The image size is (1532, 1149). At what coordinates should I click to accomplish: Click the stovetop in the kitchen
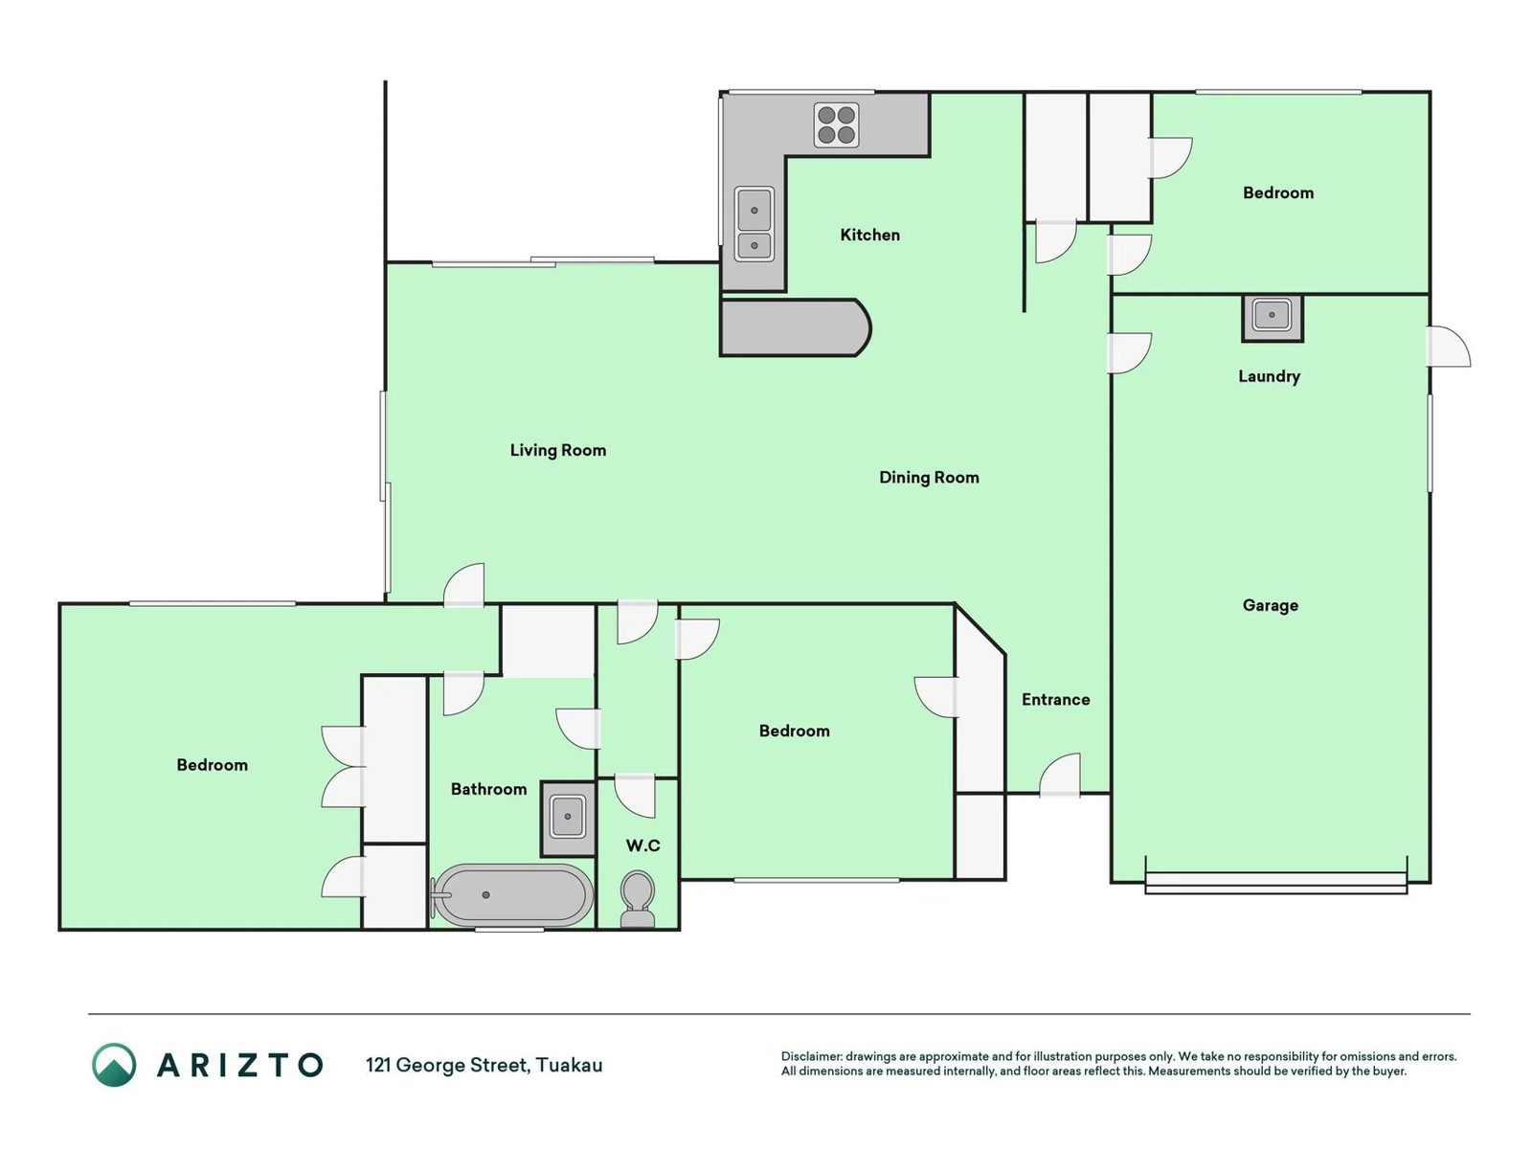(836, 124)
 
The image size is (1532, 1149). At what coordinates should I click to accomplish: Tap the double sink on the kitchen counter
(754, 224)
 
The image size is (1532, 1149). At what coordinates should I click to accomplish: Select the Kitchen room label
(869, 236)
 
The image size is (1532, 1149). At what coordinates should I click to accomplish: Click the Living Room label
(557, 451)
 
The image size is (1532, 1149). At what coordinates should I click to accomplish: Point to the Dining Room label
(928, 478)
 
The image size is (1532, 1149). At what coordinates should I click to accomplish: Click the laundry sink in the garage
(1272, 318)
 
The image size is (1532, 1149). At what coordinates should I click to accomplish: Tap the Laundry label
(1269, 376)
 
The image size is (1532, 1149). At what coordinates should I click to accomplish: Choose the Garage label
(1271, 605)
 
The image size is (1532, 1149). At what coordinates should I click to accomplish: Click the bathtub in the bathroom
(511, 895)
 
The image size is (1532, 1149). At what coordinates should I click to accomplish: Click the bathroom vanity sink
(568, 819)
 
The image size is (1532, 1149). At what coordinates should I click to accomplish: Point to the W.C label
(642, 846)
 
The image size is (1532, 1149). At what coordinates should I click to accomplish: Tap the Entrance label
(1055, 700)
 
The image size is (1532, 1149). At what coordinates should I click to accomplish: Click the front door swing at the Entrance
(1060, 775)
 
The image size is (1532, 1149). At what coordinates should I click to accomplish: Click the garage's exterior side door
(1449, 347)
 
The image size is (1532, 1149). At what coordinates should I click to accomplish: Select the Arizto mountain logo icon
(114, 1065)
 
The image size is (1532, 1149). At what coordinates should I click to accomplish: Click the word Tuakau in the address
(569, 1066)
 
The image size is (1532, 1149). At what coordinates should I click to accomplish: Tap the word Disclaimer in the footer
(811, 1056)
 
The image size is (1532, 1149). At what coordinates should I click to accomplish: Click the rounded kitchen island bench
(795, 327)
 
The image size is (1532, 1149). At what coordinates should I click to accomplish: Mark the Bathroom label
(488, 790)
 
